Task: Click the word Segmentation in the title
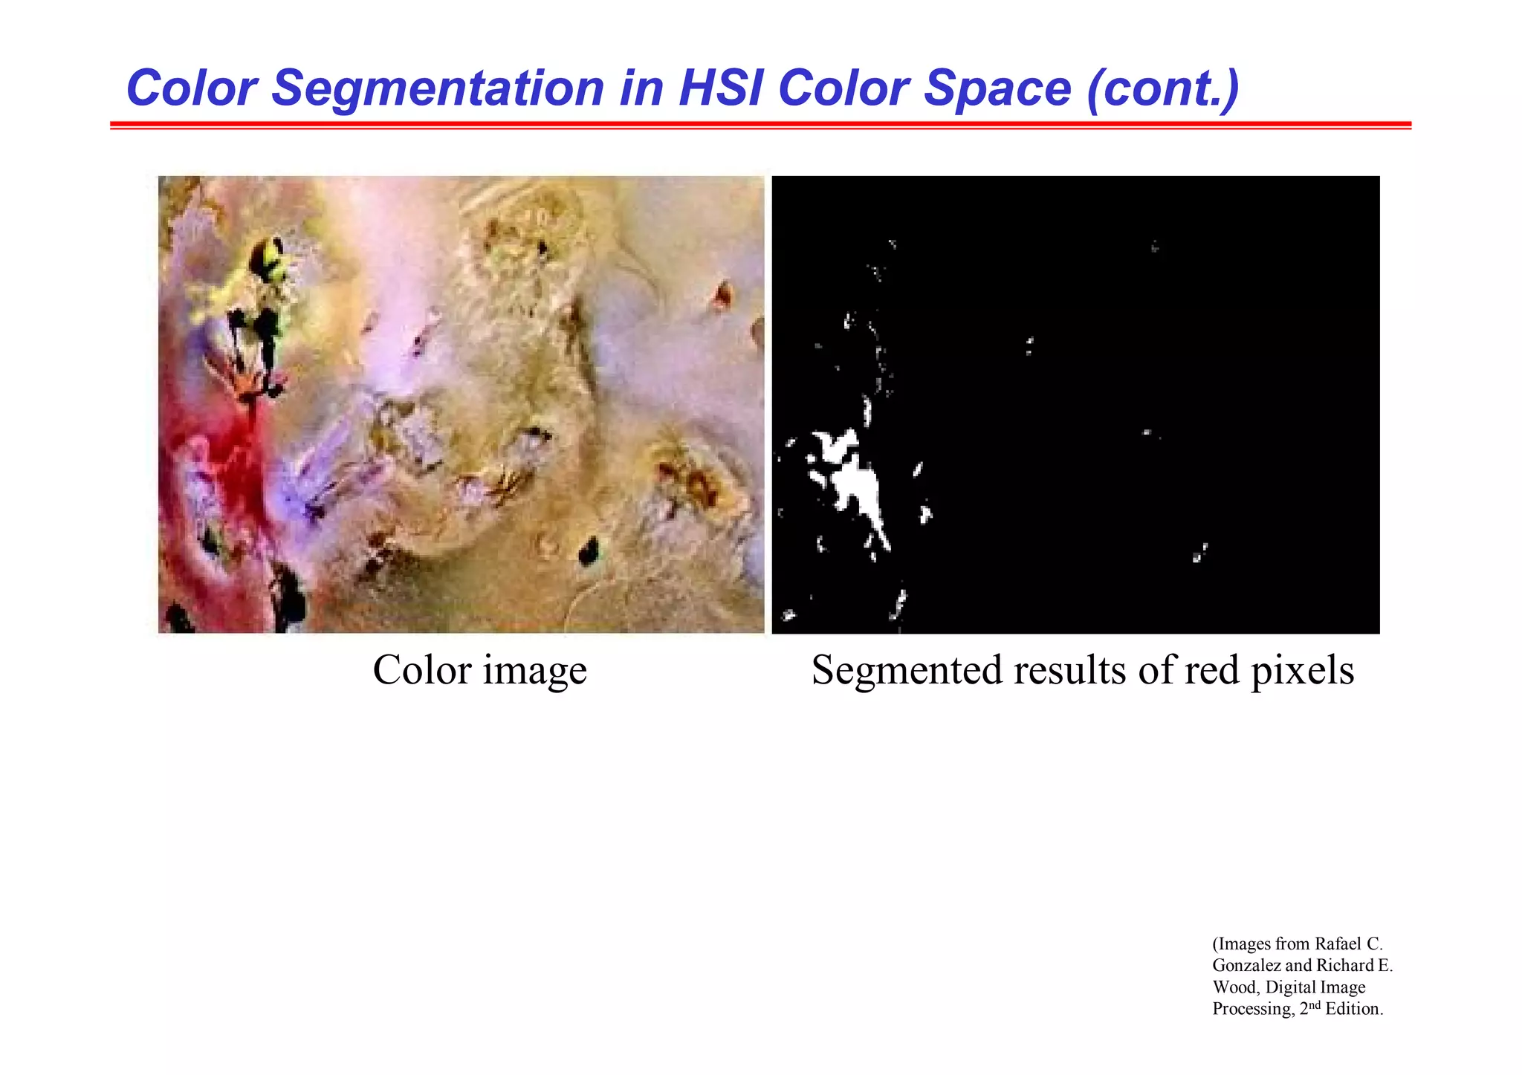tap(438, 88)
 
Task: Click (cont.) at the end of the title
tap(1162, 89)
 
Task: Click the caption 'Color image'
tap(479, 670)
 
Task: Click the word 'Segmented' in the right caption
tap(907, 672)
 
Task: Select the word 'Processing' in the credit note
tap(1252, 1010)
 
